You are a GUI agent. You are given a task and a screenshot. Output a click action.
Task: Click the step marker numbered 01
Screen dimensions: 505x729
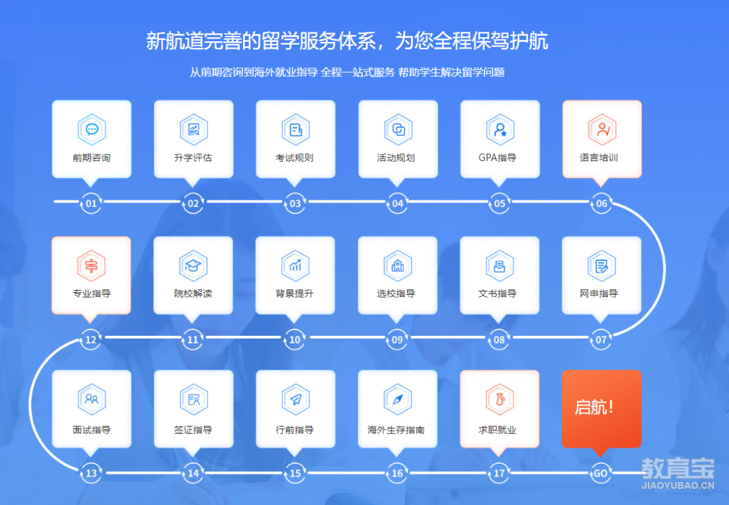[x=91, y=203]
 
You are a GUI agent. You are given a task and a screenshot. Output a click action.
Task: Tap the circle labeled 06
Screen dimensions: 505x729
[x=601, y=203]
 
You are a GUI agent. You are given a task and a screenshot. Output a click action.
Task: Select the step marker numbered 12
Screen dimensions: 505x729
[x=91, y=339]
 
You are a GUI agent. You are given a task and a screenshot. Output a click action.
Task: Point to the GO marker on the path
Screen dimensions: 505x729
[x=600, y=473]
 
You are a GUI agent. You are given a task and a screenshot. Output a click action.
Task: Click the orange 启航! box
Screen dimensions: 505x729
[x=601, y=408]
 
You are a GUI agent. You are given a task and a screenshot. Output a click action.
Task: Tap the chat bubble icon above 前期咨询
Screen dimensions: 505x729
[x=92, y=130]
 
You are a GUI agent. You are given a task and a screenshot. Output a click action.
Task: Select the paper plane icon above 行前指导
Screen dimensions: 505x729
[x=295, y=400]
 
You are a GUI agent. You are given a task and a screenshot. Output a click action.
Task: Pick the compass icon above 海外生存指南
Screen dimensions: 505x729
[x=397, y=400]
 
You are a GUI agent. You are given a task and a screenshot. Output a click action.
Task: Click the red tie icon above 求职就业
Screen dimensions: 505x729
[x=499, y=400]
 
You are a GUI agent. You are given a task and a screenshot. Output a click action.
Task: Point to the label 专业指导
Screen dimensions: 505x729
[x=91, y=294]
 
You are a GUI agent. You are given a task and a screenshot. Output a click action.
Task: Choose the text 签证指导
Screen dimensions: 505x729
[x=193, y=430]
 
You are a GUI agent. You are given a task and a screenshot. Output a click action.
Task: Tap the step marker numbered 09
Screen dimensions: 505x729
[x=397, y=339]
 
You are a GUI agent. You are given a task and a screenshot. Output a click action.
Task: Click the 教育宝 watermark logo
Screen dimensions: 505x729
[x=676, y=471]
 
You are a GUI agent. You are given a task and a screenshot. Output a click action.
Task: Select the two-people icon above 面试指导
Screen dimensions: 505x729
[x=92, y=400]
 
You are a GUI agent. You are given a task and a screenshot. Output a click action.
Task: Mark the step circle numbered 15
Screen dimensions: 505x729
[x=295, y=473]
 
